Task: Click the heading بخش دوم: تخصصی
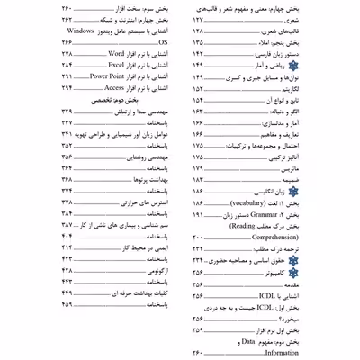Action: click(105, 102)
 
